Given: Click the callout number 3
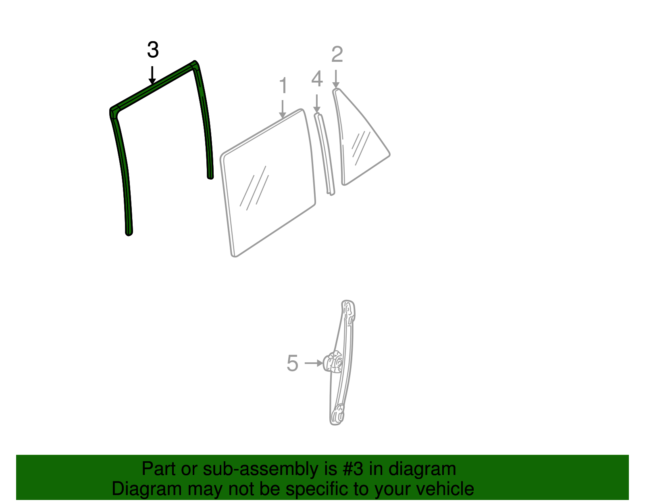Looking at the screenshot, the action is [153, 50].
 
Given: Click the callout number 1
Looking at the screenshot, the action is [283, 85].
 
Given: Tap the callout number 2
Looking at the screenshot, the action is [337, 54].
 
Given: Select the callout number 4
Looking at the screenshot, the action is [317, 79].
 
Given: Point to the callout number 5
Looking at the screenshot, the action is [292, 363].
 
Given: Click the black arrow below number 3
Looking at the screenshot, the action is [152, 75].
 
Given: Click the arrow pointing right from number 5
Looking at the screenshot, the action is [314, 363].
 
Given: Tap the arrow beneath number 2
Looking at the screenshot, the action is [336, 79].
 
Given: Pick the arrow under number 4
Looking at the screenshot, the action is [317, 104].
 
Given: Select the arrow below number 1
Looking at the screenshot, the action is [283, 109].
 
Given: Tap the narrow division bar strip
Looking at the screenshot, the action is [325, 154].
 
